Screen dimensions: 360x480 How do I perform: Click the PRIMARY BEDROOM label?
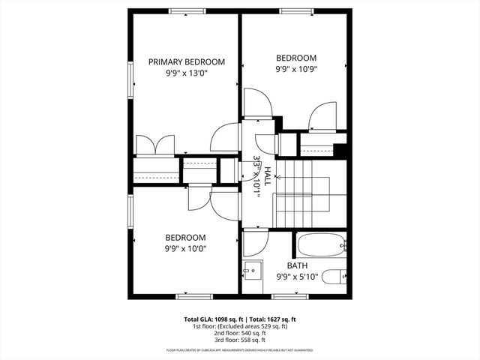pos(186,62)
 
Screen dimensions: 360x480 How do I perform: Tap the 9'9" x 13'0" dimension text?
pos(186,73)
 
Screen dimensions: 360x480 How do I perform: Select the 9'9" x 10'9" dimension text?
pos(296,69)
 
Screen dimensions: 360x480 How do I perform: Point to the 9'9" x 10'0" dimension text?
pos(186,248)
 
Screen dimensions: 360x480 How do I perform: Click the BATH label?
pos(297,265)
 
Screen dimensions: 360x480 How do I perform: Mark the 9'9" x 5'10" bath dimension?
pos(297,277)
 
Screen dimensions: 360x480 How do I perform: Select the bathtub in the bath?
pos(321,244)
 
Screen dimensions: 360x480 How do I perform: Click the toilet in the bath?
pos(339,275)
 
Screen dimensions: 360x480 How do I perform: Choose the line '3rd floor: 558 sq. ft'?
pos(240,340)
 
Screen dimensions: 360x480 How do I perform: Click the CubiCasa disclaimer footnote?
pos(240,350)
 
